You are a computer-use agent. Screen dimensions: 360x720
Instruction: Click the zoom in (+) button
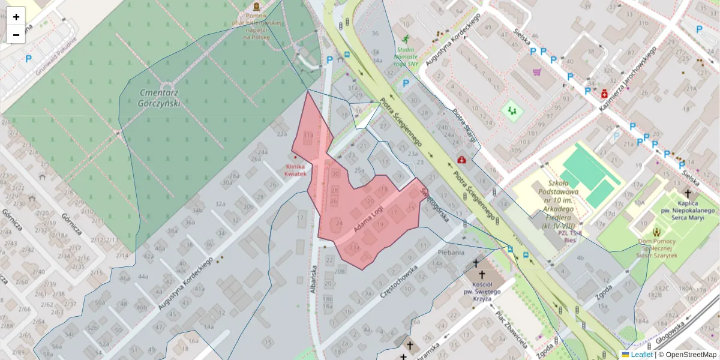point(16,17)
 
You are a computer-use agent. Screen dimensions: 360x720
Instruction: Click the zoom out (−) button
point(16,35)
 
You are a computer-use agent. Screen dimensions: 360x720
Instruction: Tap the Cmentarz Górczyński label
point(160,98)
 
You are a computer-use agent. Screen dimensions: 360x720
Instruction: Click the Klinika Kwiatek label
point(296,170)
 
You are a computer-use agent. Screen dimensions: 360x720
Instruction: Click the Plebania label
point(452,253)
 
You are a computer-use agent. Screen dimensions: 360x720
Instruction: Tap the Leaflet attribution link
point(641,355)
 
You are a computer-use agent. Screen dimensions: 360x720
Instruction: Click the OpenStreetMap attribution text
point(687,355)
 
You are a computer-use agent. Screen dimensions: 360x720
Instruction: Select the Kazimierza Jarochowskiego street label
point(627,79)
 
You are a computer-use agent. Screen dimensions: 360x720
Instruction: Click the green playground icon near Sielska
point(512,110)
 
